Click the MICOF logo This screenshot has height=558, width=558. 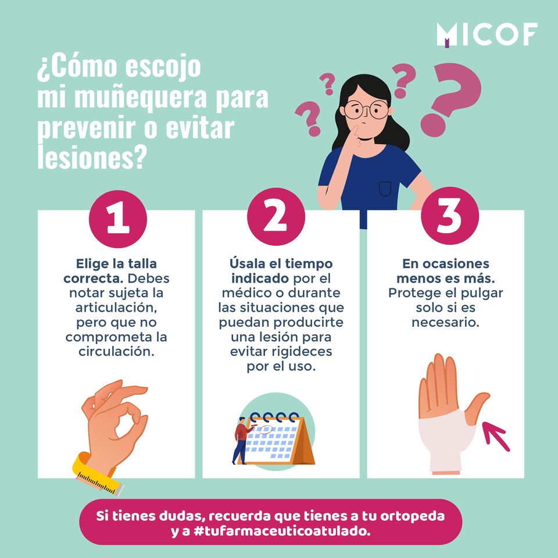click(487, 34)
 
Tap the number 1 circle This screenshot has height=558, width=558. click(118, 219)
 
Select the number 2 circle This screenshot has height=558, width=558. click(276, 217)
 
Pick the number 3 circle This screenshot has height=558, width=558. click(450, 216)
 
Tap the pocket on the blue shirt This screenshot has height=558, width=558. click(385, 188)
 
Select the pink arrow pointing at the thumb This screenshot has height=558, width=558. click(496, 436)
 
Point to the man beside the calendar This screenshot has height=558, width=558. click(242, 441)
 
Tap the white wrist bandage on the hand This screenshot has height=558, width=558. click(446, 441)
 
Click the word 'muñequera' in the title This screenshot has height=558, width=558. click(140, 97)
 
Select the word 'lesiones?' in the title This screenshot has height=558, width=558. click(92, 157)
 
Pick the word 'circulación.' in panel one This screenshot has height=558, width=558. click(116, 352)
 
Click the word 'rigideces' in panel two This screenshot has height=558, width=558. click(302, 352)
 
